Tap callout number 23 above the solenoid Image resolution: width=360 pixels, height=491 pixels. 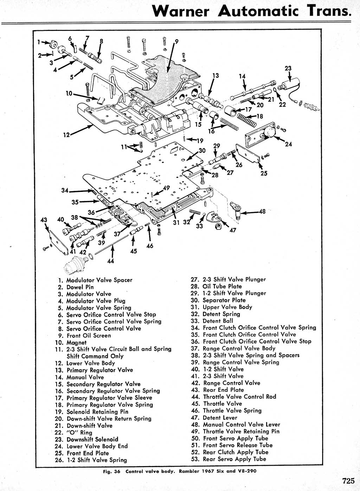pos(288,68)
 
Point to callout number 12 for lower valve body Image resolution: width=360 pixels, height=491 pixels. pos(66,134)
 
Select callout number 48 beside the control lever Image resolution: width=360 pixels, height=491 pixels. pos(262,212)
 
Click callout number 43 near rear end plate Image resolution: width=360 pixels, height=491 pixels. pos(44,220)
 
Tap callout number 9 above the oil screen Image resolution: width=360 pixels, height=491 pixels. pos(176,41)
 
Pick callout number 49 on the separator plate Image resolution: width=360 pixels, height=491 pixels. pos(166,187)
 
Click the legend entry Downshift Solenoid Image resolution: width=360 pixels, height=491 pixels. pos(92,439)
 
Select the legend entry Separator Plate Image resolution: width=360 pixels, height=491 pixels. pos(224,300)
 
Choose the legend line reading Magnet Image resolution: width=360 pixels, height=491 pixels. pos(76,342)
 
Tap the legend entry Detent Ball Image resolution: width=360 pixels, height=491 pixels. pos(218,321)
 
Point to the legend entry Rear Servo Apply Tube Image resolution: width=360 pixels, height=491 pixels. pos(234,459)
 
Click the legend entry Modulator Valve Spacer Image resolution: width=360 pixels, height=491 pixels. pos(99,280)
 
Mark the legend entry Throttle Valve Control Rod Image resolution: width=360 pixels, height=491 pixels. pos(239,397)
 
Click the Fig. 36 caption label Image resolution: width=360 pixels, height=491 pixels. pos(111,471)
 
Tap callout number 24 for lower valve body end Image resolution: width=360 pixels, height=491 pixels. pos(288,144)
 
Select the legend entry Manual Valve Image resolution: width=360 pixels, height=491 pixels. pos(85,377)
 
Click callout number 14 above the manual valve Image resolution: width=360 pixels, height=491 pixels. pos(242,76)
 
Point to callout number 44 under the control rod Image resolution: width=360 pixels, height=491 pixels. pos(111,261)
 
